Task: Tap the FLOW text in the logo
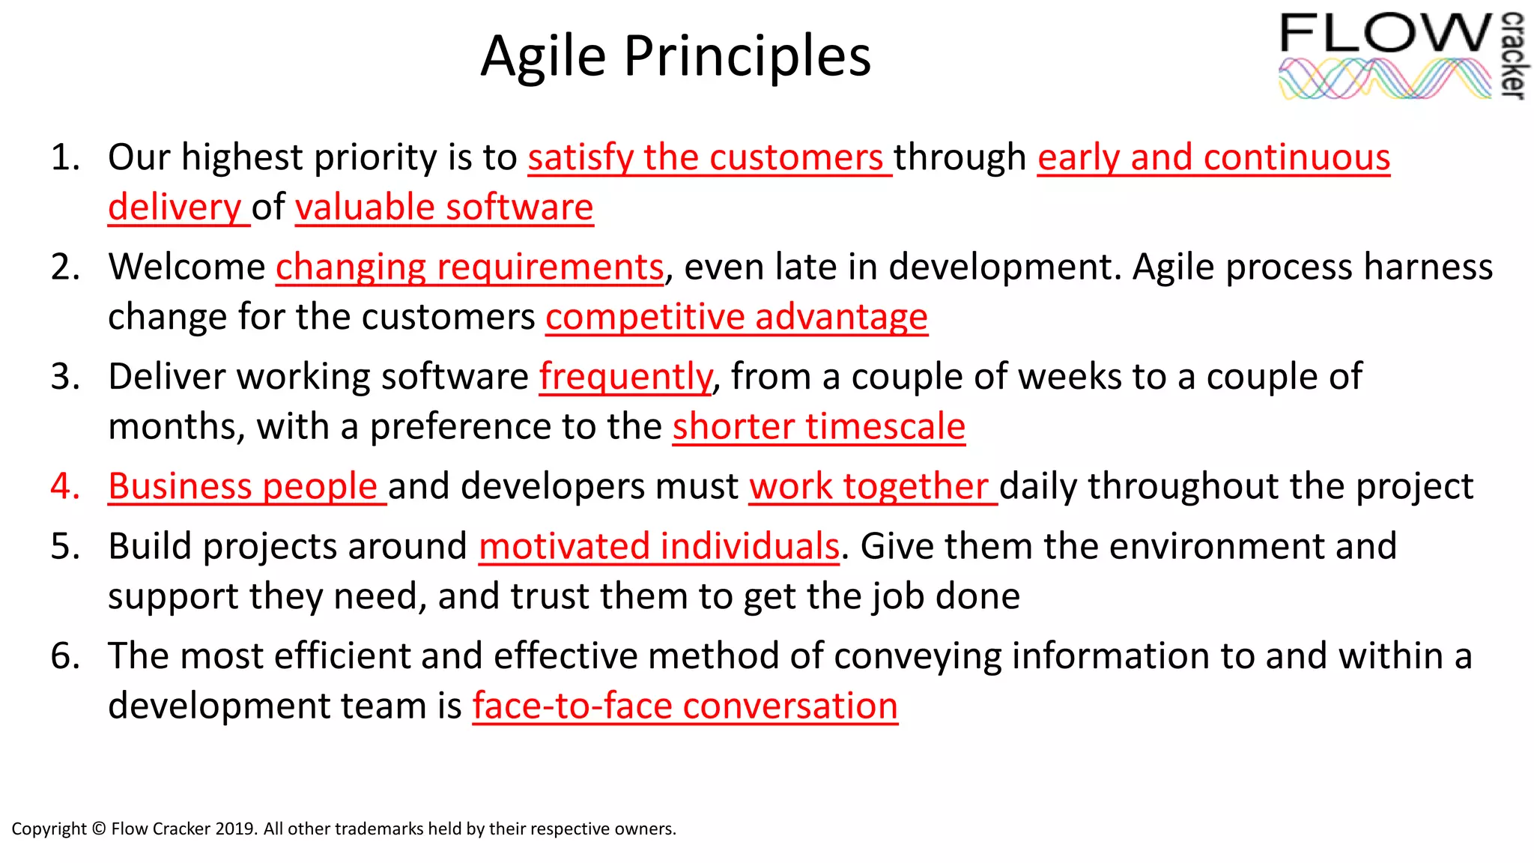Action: pyautogui.click(x=1386, y=34)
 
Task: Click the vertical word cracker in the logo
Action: pyautogui.click(x=1513, y=55)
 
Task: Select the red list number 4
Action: pyautogui.click(x=65, y=486)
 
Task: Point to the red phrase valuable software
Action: pyautogui.click(x=444, y=208)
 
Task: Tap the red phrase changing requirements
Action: pyautogui.click(x=470, y=267)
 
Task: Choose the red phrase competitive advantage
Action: pyautogui.click(x=736, y=317)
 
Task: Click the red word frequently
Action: pyautogui.click(x=625, y=377)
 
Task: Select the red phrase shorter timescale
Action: pyautogui.click(x=819, y=427)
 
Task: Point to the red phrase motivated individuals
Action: pyautogui.click(x=659, y=547)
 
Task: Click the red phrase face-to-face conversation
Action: pyautogui.click(x=685, y=706)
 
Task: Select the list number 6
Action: pyautogui.click(x=65, y=656)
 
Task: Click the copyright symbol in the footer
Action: pyautogui.click(x=99, y=829)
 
